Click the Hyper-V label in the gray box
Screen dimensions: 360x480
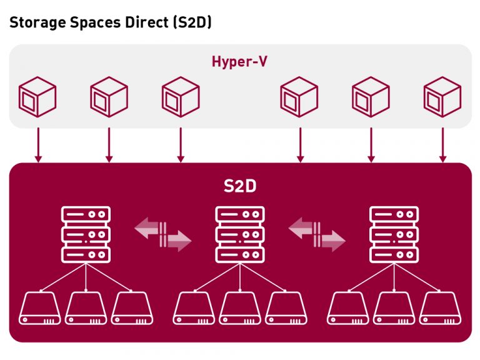pyautogui.click(x=240, y=62)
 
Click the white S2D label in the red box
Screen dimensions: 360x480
pyautogui.click(x=240, y=187)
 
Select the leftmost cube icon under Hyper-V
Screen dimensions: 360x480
pyautogui.click(x=38, y=97)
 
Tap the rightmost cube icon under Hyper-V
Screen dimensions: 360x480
pyautogui.click(x=442, y=97)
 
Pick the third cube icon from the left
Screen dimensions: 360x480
pyautogui.click(x=181, y=97)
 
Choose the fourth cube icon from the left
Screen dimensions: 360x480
pyautogui.click(x=299, y=97)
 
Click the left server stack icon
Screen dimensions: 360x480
pyautogui.click(x=86, y=234)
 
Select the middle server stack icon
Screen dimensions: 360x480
pyautogui.click(x=240, y=234)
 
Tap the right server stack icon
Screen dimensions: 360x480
pyautogui.click(x=394, y=234)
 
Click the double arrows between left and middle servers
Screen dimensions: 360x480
pyautogui.click(x=163, y=234)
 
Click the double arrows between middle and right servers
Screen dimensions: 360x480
pyautogui.click(x=317, y=234)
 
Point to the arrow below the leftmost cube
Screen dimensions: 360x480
pyautogui.click(x=38, y=145)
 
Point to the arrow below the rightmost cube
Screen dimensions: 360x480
pyautogui.click(x=442, y=145)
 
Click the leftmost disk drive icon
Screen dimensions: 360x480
pyautogui.click(x=40, y=309)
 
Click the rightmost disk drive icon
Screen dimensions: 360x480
pyautogui.click(x=440, y=309)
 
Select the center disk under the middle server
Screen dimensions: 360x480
pyautogui.click(x=240, y=309)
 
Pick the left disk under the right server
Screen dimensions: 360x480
pyautogui.click(x=348, y=309)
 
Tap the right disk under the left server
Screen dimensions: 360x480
pyautogui.click(x=132, y=309)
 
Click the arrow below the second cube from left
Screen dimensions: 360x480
pyautogui.click(x=109, y=145)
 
